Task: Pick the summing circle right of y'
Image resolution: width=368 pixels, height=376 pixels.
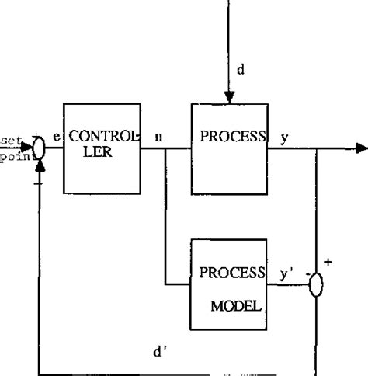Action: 316,285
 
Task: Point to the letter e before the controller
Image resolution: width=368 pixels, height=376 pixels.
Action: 57,138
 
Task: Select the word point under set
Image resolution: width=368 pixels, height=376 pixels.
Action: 12,155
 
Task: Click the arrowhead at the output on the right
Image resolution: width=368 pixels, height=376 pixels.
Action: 361,148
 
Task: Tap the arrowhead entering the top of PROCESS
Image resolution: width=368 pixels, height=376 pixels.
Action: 230,97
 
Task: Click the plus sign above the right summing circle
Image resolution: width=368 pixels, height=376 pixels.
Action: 327,263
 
